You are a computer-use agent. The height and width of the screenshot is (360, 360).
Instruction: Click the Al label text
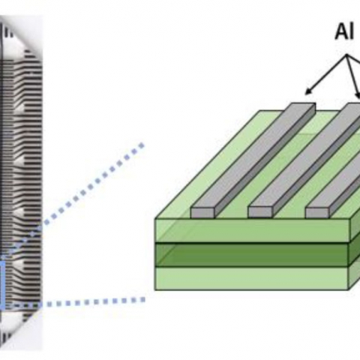click(x=344, y=32)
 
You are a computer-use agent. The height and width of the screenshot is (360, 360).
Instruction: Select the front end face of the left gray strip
click(x=202, y=212)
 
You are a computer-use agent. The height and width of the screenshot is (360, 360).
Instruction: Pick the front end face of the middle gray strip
click(x=260, y=212)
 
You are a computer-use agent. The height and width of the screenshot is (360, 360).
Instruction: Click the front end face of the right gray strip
click(x=317, y=212)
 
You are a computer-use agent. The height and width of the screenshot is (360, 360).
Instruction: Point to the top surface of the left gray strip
click(x=253, y=155)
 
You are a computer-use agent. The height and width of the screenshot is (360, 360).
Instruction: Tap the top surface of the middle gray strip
click(x=304, y=155)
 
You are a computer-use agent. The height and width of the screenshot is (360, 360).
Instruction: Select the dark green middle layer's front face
click(x=252, y=254)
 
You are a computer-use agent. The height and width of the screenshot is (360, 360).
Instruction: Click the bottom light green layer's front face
click(x=252, y=278)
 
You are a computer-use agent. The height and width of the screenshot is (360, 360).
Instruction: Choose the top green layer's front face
click(x=252, y=230)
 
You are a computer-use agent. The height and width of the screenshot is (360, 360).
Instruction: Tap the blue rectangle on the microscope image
click(x=2, y=283)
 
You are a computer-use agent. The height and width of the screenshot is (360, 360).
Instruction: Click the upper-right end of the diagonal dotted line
click(x=142, y=145)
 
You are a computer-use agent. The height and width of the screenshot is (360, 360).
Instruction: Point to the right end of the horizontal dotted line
click(x=143, y=300)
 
